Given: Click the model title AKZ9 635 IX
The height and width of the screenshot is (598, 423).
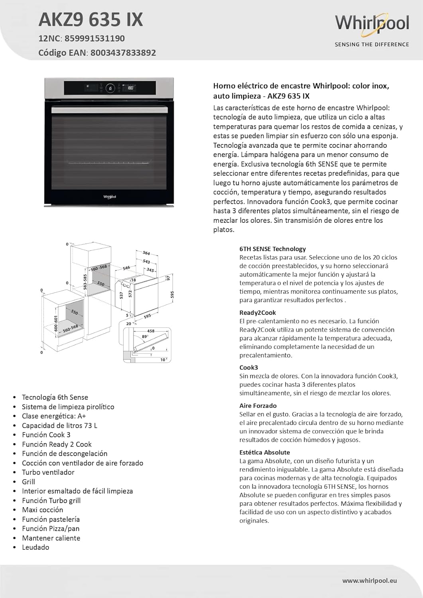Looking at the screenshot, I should (91, 20).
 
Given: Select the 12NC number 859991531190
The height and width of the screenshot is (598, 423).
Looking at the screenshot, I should (94, 39).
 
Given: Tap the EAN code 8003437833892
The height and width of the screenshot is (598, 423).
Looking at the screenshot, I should (123, 53).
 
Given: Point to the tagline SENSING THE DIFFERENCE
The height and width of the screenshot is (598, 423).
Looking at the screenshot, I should (372, 45).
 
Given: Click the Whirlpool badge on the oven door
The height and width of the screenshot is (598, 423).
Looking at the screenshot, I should (110, 197).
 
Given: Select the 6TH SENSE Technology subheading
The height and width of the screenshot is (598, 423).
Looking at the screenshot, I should (272, 249).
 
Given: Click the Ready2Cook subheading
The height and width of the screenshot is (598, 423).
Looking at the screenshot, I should (258, 313).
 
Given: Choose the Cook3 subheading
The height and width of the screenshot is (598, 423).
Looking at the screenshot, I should (248, 368).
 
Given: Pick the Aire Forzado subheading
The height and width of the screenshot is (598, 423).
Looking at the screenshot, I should (258, 405).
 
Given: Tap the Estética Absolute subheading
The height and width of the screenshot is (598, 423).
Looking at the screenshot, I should (264, 452).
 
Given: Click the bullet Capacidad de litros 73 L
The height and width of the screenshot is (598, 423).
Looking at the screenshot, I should (59, 425).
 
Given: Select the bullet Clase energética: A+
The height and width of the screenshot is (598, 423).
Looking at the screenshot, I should (54, 416).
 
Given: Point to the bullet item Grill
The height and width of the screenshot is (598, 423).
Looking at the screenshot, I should (28, 482).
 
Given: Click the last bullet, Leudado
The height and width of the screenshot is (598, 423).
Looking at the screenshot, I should (35, 547).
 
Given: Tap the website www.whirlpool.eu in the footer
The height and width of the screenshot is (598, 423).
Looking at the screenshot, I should (369, 581).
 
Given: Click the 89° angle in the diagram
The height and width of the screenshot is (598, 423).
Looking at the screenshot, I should (144, 336).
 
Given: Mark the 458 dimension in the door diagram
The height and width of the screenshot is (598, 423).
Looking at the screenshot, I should (151, 331).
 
